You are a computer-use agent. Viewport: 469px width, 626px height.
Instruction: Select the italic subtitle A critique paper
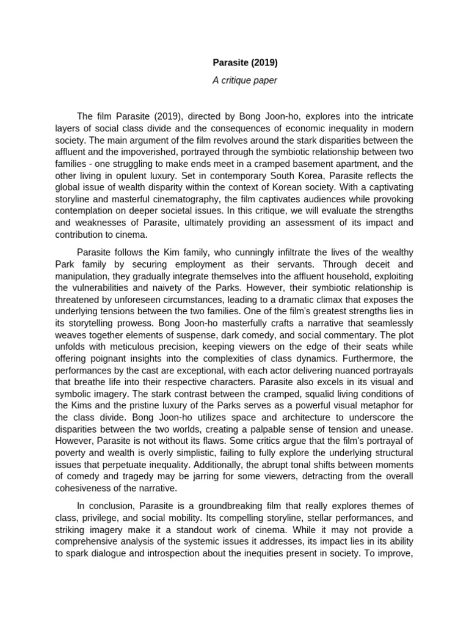point(244,81)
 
